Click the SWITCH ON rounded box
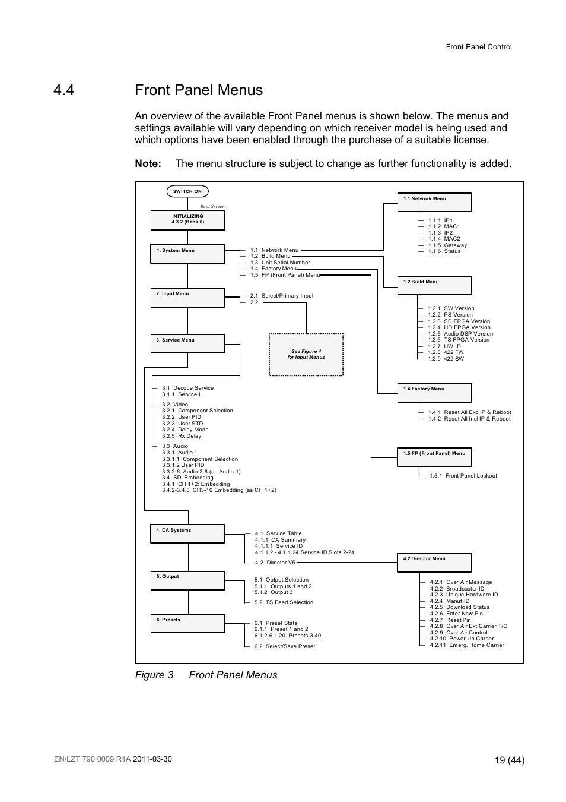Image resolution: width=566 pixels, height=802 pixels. coord(187,191)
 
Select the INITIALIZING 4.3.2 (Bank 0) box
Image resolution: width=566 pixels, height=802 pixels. coord(187,220)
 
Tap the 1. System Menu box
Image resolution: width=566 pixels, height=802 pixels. coord(187,254)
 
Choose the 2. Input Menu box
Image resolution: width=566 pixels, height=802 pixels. coord(187,297)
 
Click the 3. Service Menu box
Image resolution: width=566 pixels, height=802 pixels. coord(187,343)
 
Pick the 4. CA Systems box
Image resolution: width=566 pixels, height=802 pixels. coord(187,533)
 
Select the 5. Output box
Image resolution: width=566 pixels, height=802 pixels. coord(187,580)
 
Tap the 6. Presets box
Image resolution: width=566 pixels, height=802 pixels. coord(187,623)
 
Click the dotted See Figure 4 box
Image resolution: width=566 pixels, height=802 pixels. coord(306,355)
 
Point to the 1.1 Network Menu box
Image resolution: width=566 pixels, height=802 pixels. coord(434,202)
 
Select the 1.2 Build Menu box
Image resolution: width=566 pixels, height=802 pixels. coord(434,285)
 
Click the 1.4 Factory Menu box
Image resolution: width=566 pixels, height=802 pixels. coord(434,392)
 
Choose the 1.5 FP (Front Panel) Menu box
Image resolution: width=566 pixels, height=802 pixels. coord(434,457)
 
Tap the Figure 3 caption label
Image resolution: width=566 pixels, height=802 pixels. coord(154,675)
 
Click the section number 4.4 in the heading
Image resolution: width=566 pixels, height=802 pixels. coord(63,90)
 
